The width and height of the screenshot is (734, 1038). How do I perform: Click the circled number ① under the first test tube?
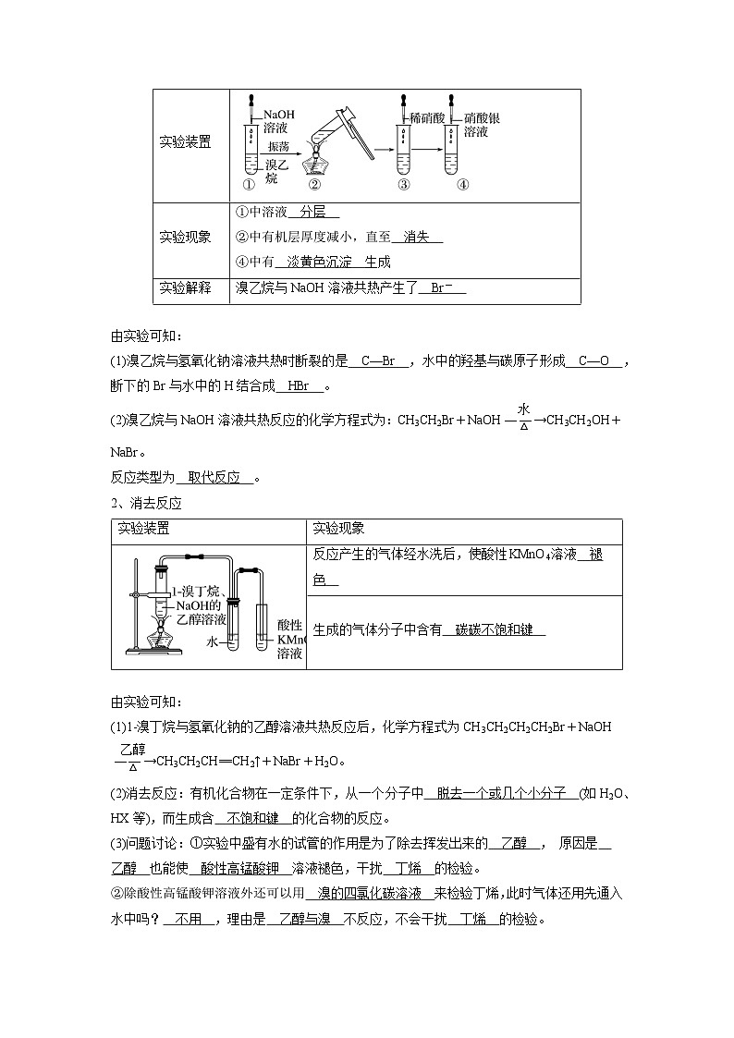(249, 183)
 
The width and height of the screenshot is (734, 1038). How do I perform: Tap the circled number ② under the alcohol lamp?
(313, 183)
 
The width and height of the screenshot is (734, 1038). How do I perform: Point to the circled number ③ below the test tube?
(403, 183)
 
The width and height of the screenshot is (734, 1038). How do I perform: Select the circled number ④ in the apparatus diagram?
(463, 183)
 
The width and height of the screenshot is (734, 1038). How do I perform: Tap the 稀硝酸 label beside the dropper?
(427, 118)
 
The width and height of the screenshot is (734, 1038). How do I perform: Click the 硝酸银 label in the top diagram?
(482, 118)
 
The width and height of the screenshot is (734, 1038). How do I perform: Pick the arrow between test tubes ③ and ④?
(426, 149)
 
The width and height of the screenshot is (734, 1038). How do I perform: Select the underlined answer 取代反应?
(214, 478)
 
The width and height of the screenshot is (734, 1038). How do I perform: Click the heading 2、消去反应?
(146, 504)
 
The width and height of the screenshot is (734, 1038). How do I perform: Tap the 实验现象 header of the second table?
(338, 529)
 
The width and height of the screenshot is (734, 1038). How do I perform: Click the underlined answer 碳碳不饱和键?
(494, 630)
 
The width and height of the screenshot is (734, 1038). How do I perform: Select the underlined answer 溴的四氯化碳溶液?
(370, 895)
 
